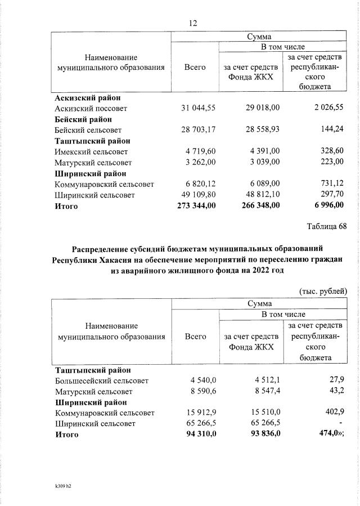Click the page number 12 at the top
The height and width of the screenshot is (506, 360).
click(193, 23)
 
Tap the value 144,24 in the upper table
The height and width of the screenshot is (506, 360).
click(331, 130)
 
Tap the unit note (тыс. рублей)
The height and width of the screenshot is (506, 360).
click(323, 290)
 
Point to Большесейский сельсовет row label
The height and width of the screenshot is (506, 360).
click(102, 381)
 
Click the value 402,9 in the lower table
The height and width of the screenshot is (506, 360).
click(333, 413)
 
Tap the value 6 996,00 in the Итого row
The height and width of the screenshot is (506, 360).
click(328, 206)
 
